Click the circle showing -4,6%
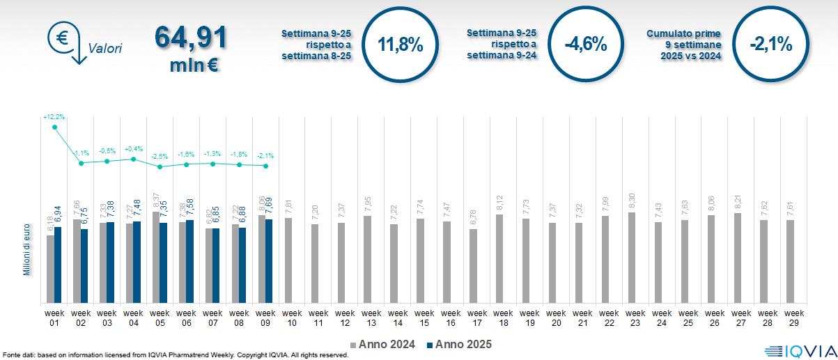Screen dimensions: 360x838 coord(585,45)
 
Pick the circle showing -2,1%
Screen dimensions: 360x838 coord(770,45)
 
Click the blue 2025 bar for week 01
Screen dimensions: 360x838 coord(58,265)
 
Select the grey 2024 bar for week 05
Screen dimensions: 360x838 coord(156,258)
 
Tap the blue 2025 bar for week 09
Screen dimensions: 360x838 coord(269,261)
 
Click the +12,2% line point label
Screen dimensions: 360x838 coord(54,116)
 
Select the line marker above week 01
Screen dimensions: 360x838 coord(54,127)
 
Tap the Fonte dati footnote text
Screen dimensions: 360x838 coord(174,355)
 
